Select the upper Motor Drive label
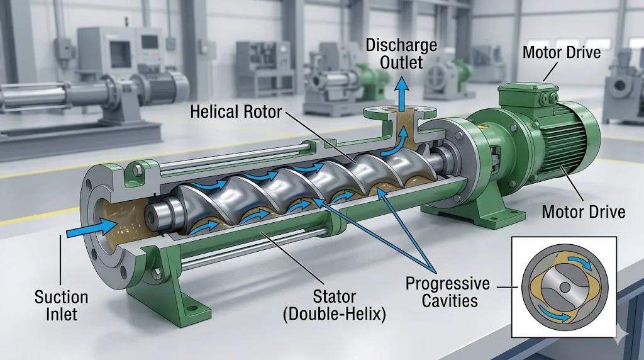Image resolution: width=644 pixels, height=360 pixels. tap(561, 52)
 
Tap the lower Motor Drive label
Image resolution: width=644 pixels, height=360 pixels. tap(584, 211)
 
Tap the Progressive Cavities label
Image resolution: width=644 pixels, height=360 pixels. tap(447, 292)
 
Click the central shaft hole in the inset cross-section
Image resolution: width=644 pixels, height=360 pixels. tap(564, 286)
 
